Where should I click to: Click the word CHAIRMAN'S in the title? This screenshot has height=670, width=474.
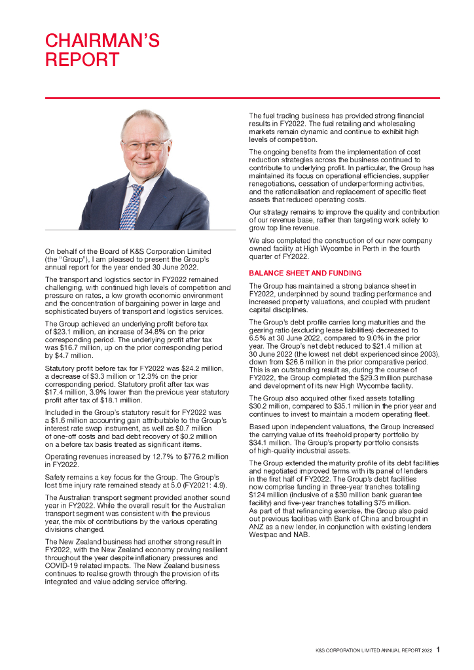(x=102, y=41)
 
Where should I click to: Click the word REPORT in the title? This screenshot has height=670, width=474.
(x=82, y=60)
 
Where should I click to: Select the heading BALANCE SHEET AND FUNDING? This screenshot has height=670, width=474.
(x=304, y=272)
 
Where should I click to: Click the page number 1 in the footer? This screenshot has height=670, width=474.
(x=438, y=650)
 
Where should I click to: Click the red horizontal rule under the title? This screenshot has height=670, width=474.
(x=242, y=97)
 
